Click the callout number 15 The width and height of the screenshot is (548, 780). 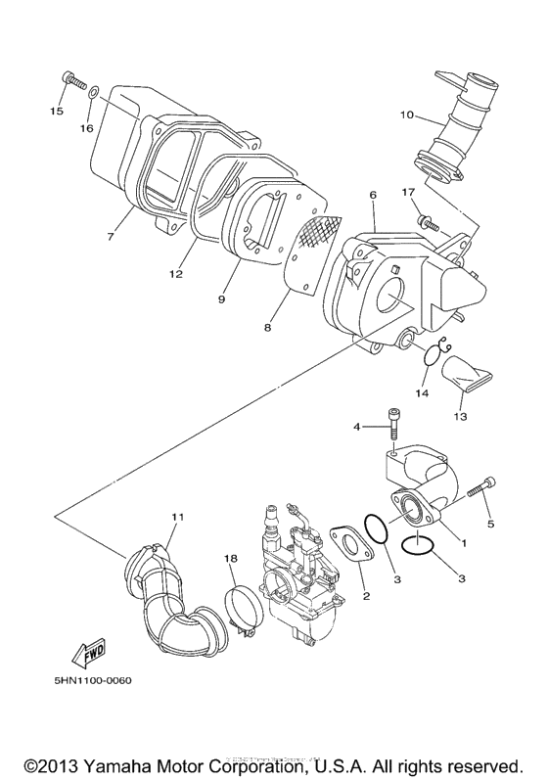coord(57,112)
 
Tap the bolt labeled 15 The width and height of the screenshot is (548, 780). coord(72,79)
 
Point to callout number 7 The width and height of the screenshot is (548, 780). coord(111,237)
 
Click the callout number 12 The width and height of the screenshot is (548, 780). coord(175,275)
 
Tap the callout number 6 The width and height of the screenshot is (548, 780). coord(373,196)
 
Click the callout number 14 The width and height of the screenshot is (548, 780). coord(421,392)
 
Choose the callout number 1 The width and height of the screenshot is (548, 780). coord(464,541)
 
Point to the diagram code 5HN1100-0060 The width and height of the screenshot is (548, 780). coord(87,681)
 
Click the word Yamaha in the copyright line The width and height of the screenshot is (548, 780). coord(129,764)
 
